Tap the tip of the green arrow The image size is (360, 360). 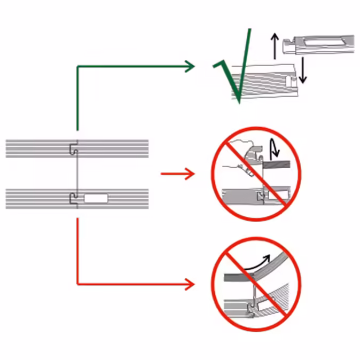coord(193,66)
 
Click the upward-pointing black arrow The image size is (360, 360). coord(275,45)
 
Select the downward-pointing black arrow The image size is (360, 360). coord(303,69)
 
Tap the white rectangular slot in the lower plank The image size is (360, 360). coord(96,199)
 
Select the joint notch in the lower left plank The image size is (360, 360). coord(74,199)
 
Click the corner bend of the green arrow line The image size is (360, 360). coord(78,67)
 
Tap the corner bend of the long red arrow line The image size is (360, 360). coord(78,284)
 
